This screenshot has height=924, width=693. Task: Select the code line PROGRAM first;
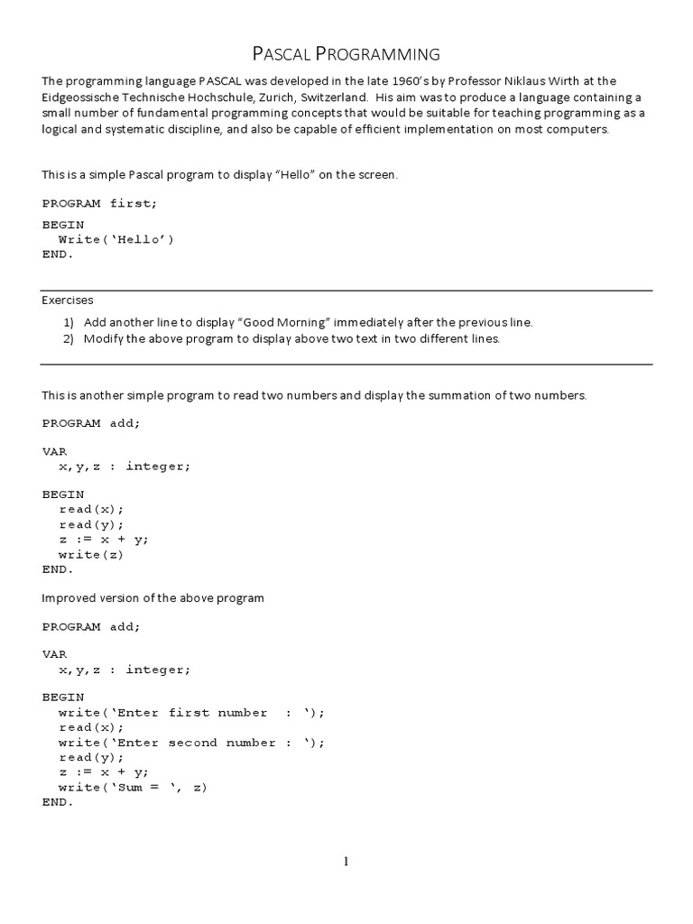99,203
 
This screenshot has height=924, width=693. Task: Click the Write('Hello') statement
115,239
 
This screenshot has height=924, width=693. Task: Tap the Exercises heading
68,300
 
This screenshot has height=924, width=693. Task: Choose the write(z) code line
91,555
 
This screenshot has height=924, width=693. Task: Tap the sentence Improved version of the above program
152,598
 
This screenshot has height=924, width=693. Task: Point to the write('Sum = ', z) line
133,787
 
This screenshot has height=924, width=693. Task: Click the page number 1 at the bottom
346,862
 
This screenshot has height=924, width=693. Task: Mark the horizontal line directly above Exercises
346,291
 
